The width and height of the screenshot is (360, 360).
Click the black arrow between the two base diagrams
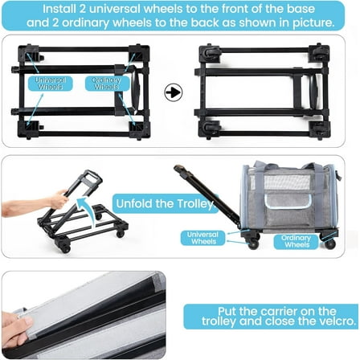174,92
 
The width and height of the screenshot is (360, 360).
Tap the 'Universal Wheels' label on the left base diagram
51,84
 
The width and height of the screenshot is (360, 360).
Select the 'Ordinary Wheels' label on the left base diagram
107,84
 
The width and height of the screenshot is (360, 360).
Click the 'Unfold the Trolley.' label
166,203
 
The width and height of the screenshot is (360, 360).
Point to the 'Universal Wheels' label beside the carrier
202,238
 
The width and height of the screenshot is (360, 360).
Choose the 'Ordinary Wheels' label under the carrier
297,241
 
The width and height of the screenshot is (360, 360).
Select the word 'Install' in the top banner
59,9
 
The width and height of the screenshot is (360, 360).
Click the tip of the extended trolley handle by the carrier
178,168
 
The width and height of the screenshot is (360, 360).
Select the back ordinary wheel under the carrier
330,243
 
